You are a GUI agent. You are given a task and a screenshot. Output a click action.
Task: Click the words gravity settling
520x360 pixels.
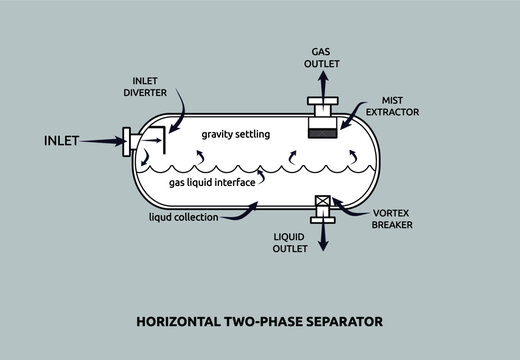[x=236, y=133]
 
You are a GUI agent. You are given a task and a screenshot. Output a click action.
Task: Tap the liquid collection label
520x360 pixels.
[x=183, y=216]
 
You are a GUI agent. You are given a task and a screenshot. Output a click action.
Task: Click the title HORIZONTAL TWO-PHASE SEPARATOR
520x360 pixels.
[x=258, y=322]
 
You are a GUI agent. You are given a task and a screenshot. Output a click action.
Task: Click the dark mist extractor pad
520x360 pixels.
[x=321, y=134]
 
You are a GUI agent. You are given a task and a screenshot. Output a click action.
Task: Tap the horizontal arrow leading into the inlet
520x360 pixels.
[x=100, y=142]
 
